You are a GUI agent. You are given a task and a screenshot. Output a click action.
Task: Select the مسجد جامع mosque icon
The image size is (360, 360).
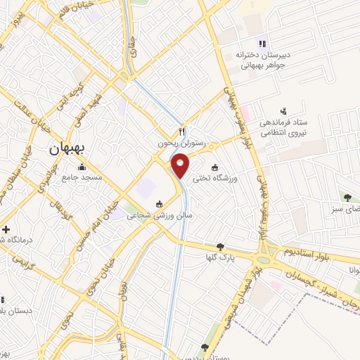coord(83,167)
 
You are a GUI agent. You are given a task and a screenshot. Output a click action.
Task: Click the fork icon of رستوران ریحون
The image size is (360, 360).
coord(182,131)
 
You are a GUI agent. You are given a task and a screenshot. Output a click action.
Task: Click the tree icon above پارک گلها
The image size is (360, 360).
coord(221,246)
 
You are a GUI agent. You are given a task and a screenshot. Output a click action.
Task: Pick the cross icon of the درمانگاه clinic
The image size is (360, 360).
coord(6,229)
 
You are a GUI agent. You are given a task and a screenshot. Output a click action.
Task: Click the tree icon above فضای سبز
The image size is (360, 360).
coord(347,196)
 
